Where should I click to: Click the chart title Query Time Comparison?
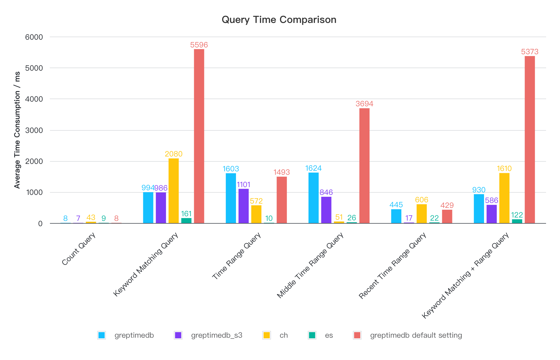click(279, 20)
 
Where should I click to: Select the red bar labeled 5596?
click(199, 136)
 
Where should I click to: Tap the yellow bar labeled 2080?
click(174, 191)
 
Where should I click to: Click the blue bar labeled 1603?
click(231, 198)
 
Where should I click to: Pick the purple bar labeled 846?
click(326, 210)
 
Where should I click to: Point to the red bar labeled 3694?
click(364, 166)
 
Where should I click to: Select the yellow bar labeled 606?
click(421, 214)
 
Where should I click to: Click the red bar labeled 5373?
click(530, 139)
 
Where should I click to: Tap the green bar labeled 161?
click(186, 221)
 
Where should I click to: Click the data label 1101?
click(243, 185)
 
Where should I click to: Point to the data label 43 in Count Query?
click(91, 217)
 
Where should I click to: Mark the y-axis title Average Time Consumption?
click(17, 130)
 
